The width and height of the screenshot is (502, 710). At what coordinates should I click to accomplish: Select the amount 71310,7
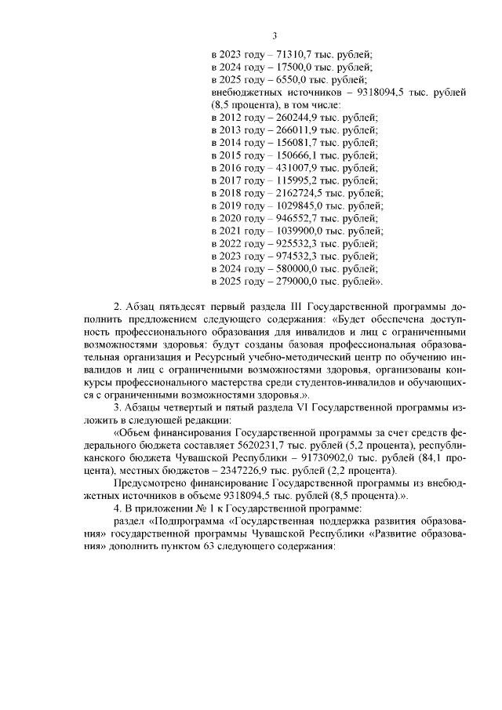click(296, 55)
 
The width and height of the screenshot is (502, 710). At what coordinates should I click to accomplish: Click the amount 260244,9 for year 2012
click(300, 118)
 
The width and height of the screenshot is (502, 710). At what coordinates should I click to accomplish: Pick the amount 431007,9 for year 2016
click(300, 168)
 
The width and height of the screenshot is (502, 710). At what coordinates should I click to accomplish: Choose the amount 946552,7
click(300, 218)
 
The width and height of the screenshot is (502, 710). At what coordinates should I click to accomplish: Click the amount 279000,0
click(300, 281)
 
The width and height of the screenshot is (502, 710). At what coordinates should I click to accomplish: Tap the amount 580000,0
click(300, 268)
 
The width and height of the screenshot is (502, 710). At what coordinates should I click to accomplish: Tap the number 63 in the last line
click(254, 546)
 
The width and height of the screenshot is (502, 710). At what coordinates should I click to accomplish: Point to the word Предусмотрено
click(151, 484)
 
